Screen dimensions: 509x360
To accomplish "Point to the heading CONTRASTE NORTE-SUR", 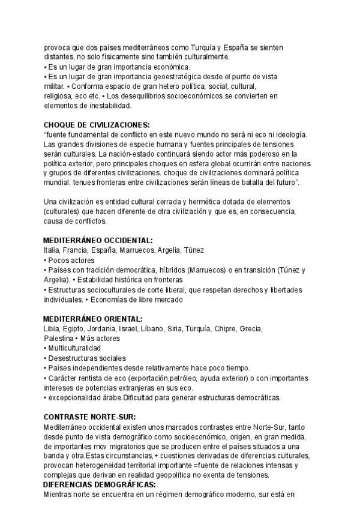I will [90, 417].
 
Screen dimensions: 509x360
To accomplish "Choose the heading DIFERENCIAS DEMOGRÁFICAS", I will [100, 484].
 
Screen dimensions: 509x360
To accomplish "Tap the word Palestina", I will [59, 339].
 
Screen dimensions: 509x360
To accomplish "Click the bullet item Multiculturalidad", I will [74, 348].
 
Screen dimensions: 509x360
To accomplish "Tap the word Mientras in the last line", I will [59, 495].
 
